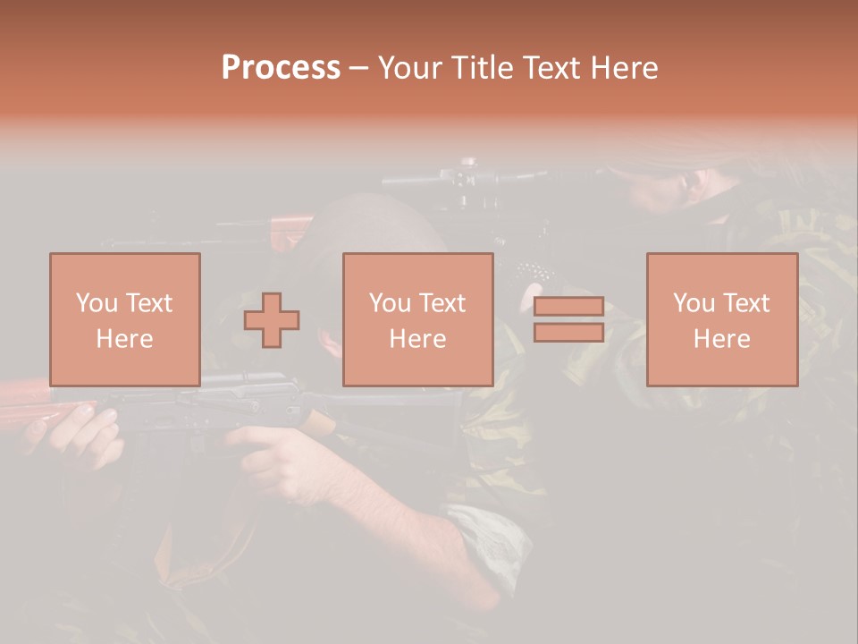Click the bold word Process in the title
point(281,68)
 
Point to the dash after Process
point(358,69)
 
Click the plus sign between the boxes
point(272,319)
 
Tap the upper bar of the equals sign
point(568,307)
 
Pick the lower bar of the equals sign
point(568,332)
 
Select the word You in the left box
point(97,303)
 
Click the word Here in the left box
point(124,339)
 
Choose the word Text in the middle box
point(442,303)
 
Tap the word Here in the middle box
point(417,339)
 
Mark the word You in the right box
point(694,303)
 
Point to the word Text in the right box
point(746,303)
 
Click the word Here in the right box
point(721,339)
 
